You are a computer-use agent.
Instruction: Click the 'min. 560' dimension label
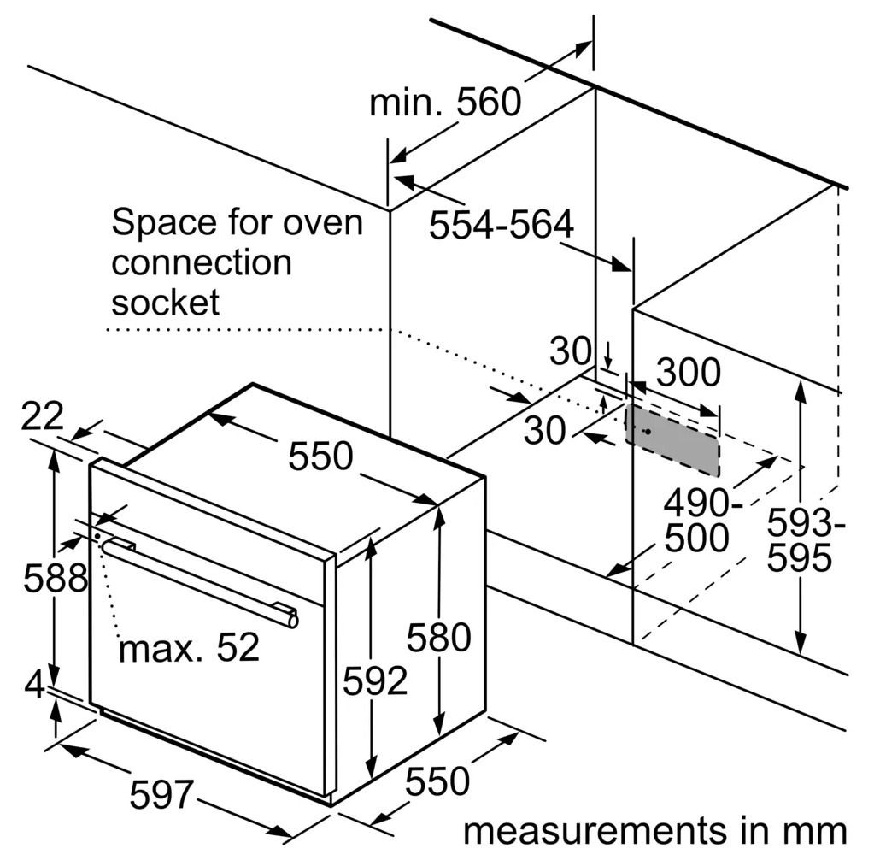(x=445, y=103)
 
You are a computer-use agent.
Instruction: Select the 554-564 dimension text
(x=502, y=224)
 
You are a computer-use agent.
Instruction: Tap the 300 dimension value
(x=688, y=372)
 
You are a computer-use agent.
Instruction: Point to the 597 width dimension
(x=161, y=794)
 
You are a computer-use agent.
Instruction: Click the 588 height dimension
(x=56, y=577)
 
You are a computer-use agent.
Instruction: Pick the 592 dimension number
(x=375, y=680)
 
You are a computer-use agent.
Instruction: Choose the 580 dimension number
(x=438, y=637)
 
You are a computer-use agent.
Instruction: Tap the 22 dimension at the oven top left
(x=42, y=416)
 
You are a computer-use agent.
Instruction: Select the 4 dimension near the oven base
(x=34, y=684)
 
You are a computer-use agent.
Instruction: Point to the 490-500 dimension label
(x=702, y=520)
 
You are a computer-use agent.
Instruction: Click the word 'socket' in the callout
(x=166, y=302)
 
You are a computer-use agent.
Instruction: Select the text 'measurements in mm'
(x=655, y=831)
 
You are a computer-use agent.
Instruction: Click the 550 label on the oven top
(x=320, y=455)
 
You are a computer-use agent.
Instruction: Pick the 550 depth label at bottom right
(x=437, y=781)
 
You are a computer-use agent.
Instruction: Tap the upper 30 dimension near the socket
(x=570, y=351)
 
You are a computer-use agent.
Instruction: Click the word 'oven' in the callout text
(x=323, y=223)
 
